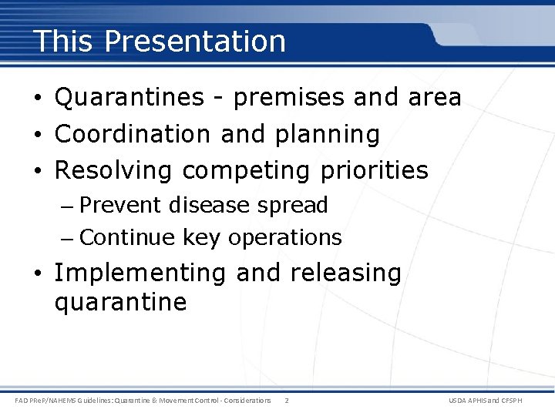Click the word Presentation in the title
(x=196, y=41)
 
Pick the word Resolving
(x=114, y=169)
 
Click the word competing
(x=244, y=170)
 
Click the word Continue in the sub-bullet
(x=127, y=237)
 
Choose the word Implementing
(x=140, y=273)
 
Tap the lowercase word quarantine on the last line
(x=120, y=302)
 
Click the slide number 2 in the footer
(x=287, y=401)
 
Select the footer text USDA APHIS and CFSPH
(x=496, y=401)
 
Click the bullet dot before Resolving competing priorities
(x=39, y=170)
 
